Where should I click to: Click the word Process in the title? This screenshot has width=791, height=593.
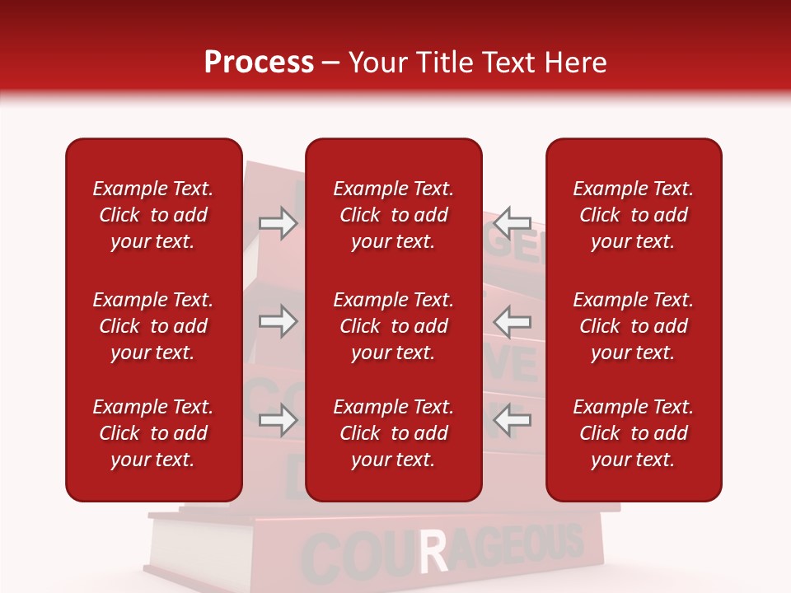pos(259,63)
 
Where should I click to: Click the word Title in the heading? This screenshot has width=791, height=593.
pos(447,63)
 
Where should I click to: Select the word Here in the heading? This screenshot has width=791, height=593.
pos(577,63)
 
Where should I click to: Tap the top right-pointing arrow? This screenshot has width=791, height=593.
pos(278,223)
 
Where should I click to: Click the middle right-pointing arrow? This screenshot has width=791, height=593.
pos(278,321)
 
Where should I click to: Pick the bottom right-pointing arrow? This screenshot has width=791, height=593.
pos(278,421)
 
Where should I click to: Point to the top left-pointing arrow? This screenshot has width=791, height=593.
pos(513,222)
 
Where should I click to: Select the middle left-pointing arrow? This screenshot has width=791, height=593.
pos(513,321)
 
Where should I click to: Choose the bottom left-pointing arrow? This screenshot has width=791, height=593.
pos(513,421)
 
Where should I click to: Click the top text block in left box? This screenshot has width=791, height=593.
pos(153,215)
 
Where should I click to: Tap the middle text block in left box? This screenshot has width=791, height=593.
pos(153,326)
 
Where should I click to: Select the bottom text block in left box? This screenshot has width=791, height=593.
pos(153,433)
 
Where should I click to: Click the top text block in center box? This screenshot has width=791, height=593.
pos(393,215)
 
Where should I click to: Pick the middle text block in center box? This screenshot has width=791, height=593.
pos(393,326)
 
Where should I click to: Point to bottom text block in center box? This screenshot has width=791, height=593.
pos(393,433)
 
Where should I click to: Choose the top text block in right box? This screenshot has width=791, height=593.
pos(634,215)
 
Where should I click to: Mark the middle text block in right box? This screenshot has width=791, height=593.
pos(634,326)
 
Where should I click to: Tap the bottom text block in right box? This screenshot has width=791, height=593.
pos(634,433)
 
